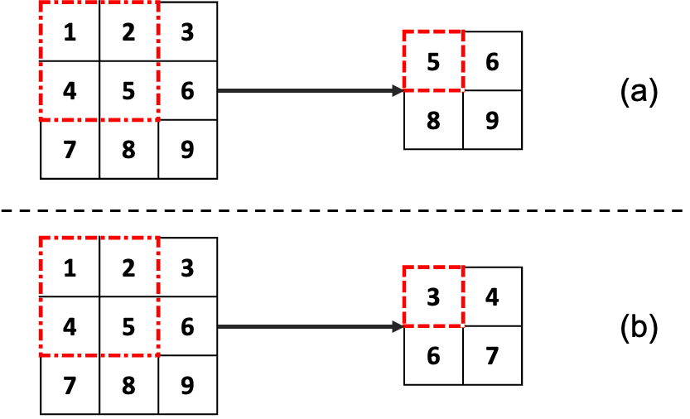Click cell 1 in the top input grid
click(x=70, y=32)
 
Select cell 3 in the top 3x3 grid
click(x=187, y=32)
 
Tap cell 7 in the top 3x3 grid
click(x=70, y=150)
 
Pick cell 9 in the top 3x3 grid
click(x=187, y=150)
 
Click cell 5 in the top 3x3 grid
click(x=128, y=91)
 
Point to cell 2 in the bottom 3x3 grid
click(x=128, y=268)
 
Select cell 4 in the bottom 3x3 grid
click(x=70, y=327)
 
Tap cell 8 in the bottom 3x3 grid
click(x=128, y=386)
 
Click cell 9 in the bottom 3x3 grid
click(x=187, y=386)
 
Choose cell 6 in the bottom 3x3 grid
click(x=187, y=327)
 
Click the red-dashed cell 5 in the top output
click(x=433, y=61)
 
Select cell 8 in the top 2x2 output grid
click(x=433, y=120)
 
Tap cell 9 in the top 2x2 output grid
click(x=492, y=120)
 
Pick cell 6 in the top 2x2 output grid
click(x=492, y=61)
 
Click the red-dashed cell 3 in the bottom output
click(x=433, y=296)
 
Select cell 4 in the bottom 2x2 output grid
click(x=492, y=296)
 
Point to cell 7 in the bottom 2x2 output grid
click(x=492, y=355)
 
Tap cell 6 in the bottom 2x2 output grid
click(x=433, y=355)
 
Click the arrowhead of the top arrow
click(x=398, y=91)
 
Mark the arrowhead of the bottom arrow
click(x=398, y=327)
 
